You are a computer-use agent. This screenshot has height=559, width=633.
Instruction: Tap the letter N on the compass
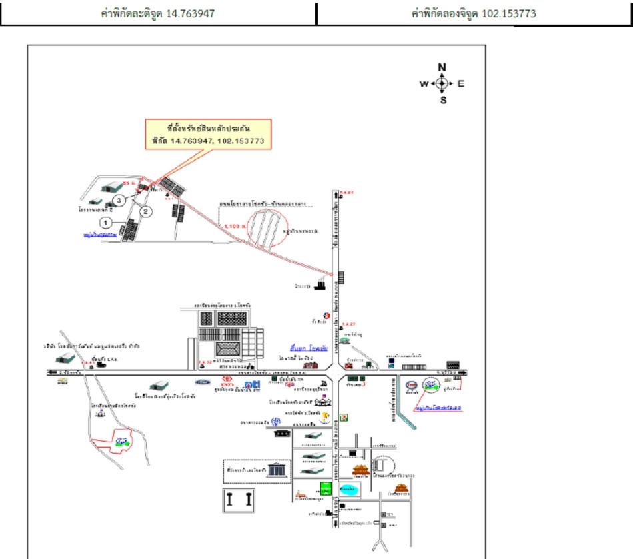[x=442, y=67]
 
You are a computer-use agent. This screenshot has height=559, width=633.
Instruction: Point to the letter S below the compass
[x=443, y=100]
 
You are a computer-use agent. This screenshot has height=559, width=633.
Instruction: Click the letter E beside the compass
[x=460, y=84]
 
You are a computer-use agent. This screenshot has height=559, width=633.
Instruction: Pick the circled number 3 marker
[x=118, y=199]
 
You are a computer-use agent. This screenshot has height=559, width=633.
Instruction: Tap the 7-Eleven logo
[x=343, y=417]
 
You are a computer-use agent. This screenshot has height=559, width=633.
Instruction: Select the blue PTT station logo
[x=252, y=385]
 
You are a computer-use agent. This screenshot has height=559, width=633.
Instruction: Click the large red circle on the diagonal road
[x=273, y=227]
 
